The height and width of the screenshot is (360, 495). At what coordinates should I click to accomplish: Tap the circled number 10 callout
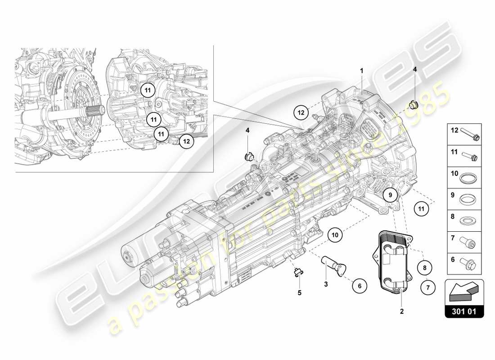click(x=335, y=234)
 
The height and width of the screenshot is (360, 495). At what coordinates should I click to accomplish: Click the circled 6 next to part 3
click(x=360, y=285)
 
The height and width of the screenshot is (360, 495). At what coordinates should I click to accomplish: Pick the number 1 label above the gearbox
click(x=361, y=71)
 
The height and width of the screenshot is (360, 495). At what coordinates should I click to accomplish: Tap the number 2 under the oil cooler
click(x=402, y=311)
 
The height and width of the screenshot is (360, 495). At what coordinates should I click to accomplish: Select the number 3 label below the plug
click(x=326, y=284)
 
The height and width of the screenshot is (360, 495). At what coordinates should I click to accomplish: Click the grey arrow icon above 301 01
click(x=463, y=291)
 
